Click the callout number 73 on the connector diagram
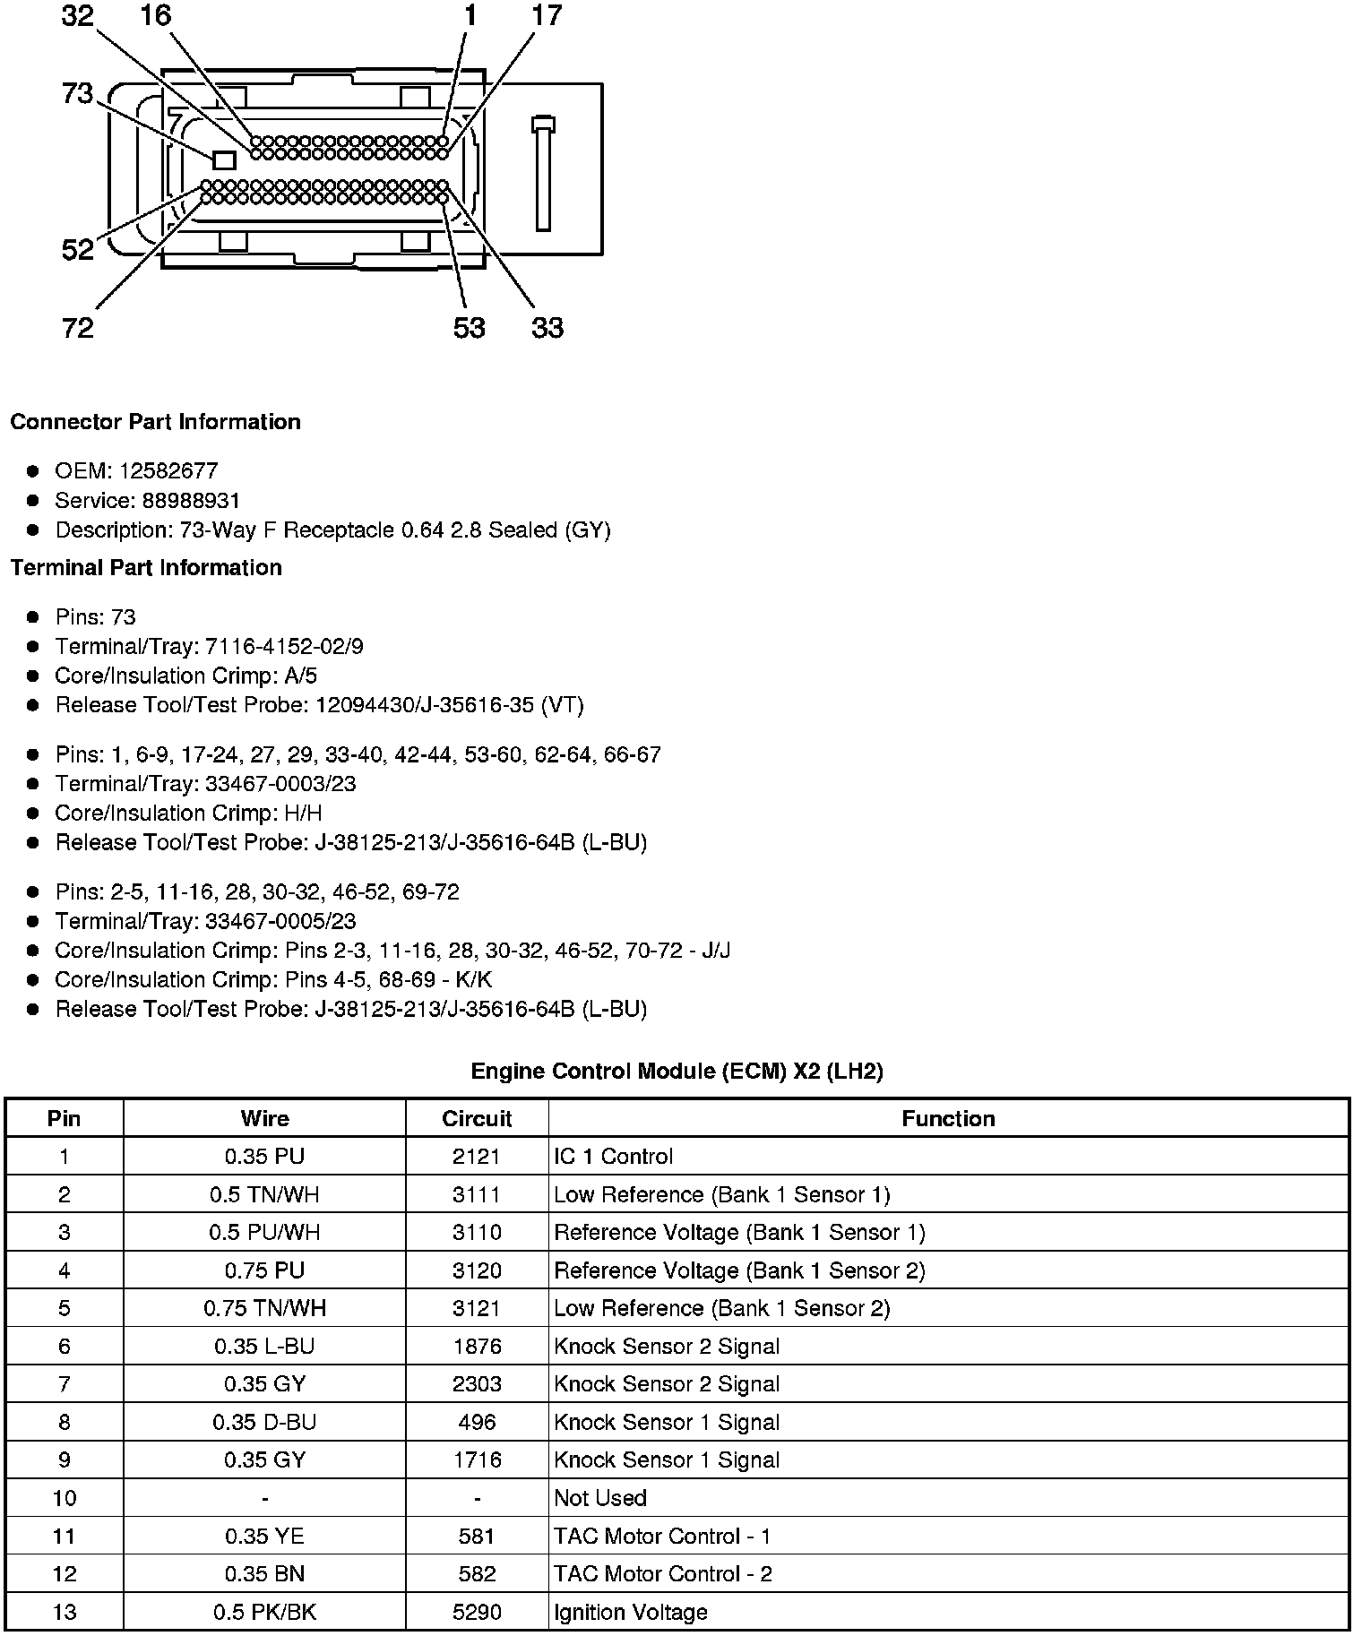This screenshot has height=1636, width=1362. point(78,92)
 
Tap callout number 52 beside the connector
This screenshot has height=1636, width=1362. point(78,249)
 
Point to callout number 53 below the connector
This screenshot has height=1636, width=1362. point(469,328)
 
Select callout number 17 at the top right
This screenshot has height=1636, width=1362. point(546,15)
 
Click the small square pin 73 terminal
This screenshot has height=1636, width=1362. point(224,160)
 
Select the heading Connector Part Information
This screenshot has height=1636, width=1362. point(155,422)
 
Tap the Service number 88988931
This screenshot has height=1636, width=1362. point(191,501)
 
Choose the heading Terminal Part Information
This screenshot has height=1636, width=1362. point(146,568)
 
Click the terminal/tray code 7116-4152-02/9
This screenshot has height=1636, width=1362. point(284,647)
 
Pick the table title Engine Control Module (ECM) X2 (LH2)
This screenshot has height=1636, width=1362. point(677,1072)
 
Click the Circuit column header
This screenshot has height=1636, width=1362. point(477,1119)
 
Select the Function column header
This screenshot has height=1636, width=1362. point(948,1119)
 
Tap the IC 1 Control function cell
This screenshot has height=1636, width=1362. point(613,1157)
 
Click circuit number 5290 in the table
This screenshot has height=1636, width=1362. point(477,1613)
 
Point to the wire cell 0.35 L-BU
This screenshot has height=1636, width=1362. point(264,1347)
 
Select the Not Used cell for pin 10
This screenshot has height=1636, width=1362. point(600,1498)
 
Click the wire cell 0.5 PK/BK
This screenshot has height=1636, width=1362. point(264,1613)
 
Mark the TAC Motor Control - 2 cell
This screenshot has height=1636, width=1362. point(662,1574)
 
